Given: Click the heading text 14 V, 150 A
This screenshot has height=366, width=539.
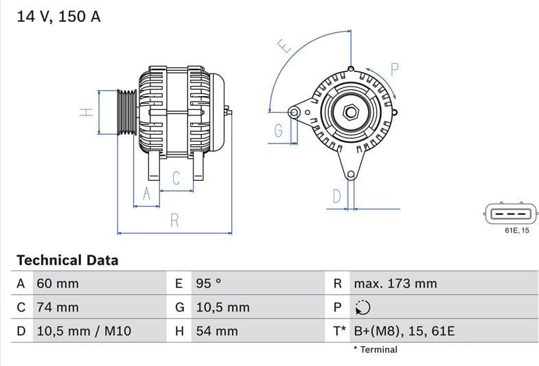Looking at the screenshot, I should [58, 16].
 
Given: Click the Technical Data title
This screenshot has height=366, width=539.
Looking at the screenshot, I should [67, 260].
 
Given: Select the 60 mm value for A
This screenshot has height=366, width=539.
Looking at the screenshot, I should [57, 284].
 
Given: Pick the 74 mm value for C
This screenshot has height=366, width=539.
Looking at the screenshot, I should [57, 307].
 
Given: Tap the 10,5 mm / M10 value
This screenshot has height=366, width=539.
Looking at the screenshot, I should [83, 331].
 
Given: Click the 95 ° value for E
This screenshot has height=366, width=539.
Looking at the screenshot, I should [209, 284].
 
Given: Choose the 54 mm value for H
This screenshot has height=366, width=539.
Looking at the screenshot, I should [217, 331].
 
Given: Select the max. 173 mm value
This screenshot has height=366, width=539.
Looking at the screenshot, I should [395, 284].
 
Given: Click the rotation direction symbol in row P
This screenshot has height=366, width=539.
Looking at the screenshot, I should [363, 307].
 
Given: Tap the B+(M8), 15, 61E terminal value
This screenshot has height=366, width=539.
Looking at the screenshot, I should [404, 331].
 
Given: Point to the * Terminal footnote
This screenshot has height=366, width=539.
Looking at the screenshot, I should [375, 350].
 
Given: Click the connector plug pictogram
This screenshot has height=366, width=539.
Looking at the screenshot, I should [508, 214].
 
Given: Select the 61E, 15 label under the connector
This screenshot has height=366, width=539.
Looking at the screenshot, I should [517, 231].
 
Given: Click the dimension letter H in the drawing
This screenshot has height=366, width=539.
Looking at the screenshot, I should [86, 112].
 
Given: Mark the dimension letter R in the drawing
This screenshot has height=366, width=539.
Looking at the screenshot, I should [175, 220].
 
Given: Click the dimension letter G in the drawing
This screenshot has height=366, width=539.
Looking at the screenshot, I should [279, 131].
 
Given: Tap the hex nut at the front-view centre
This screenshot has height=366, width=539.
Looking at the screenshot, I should [350, 111].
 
